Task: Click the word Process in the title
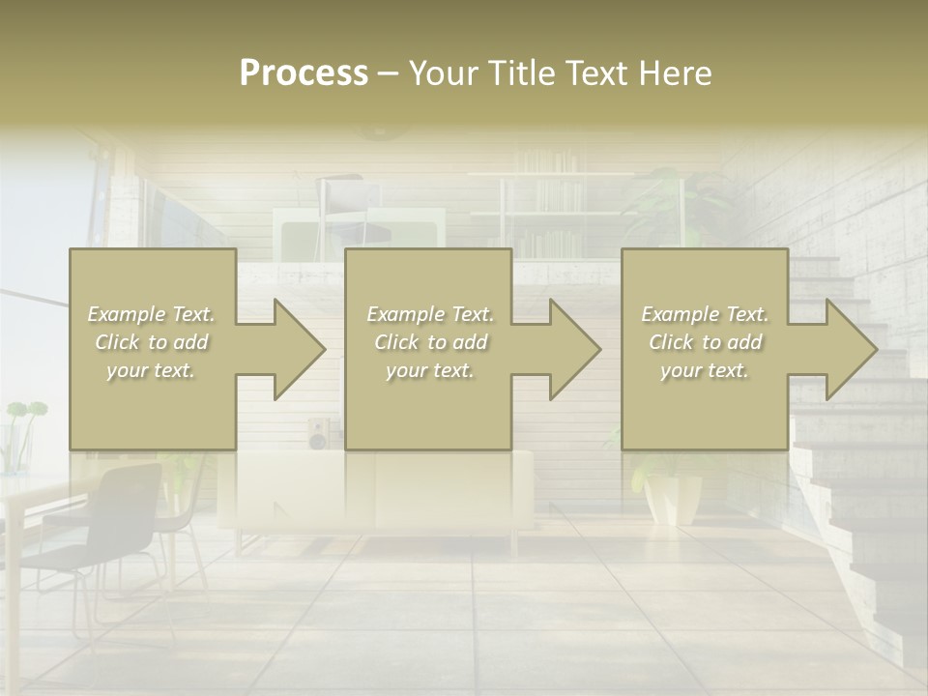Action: pos(304,73)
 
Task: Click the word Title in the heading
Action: pos(520,73)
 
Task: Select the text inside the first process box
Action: pos(151,342)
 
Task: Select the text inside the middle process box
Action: pos(429,342)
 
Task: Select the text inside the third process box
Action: pos(704,342)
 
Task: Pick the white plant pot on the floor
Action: pos(674,498)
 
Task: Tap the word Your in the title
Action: pos(443,73)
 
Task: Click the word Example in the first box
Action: pos(126,314)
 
